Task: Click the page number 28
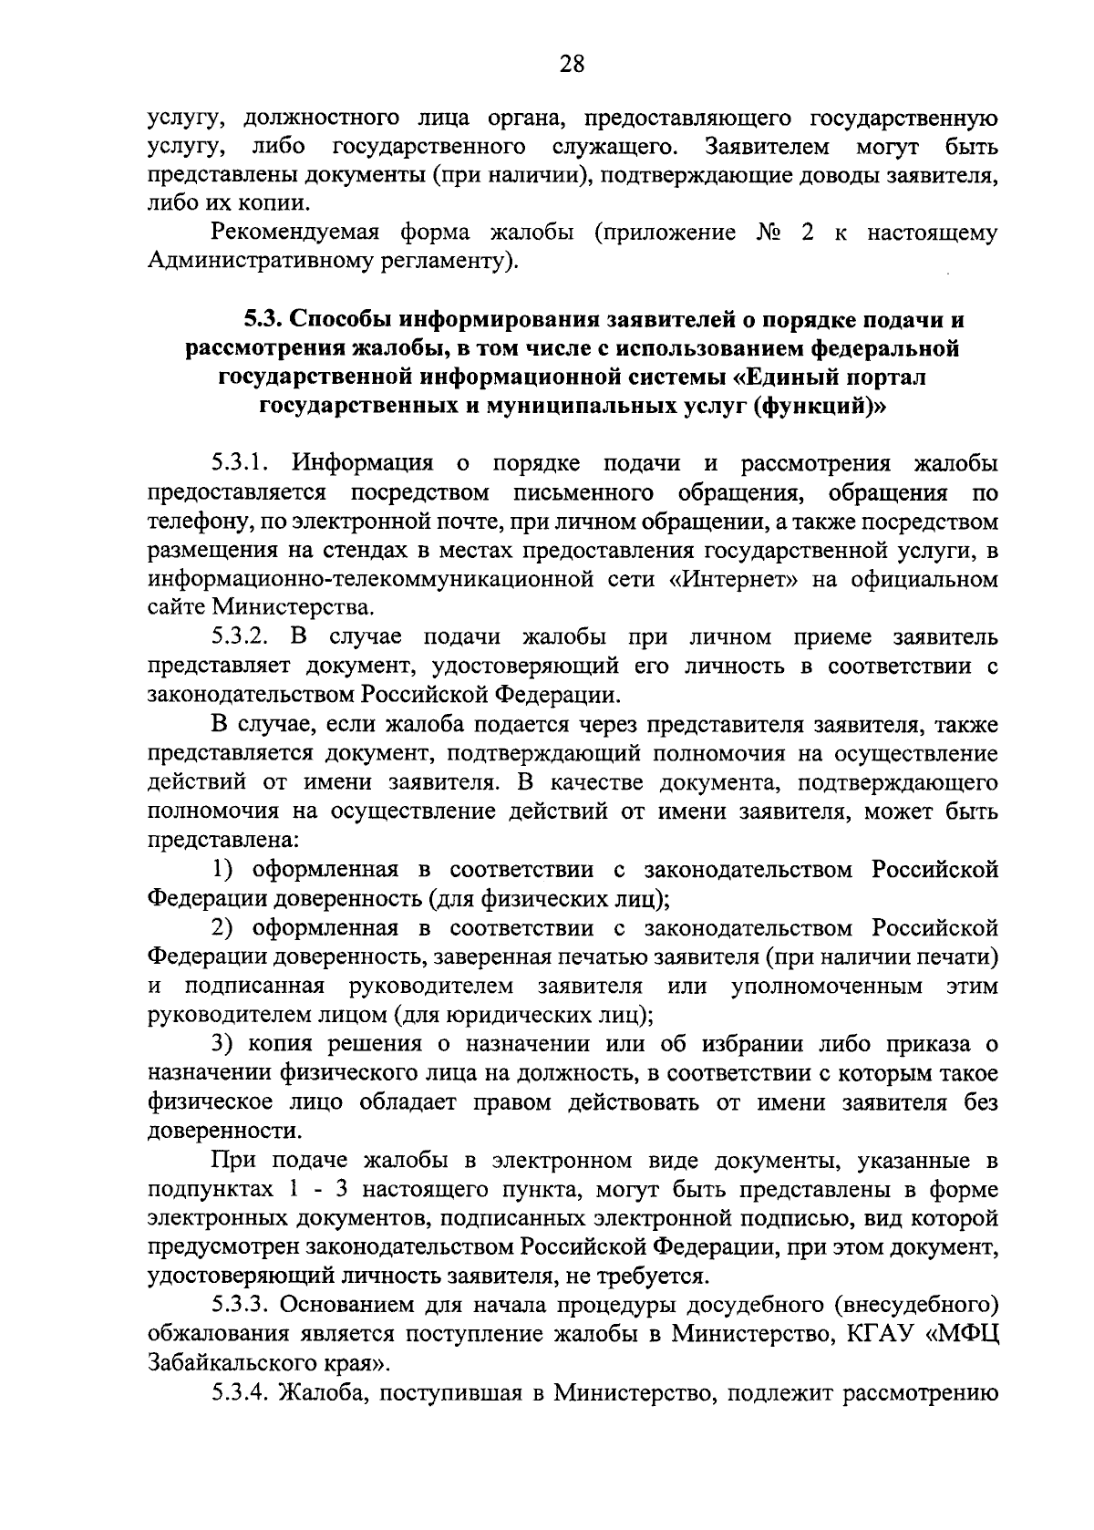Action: tap(571, 65)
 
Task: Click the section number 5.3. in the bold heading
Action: tap(265, 319)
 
